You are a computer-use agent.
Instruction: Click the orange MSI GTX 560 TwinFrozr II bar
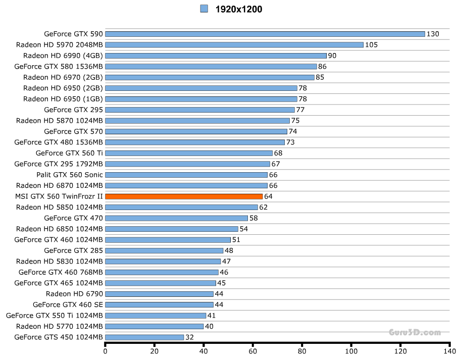(x=184, y=196)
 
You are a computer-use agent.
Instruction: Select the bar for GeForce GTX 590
(x=265, y=34)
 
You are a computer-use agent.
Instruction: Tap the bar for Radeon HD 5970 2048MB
(x=234, y=45)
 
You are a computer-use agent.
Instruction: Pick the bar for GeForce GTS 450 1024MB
(x=144, y=337)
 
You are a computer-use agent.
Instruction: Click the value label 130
(x=433, y=34)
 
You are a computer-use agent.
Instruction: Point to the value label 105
(x=371, y=45)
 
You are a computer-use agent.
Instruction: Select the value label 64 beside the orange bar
(x=268, y=196)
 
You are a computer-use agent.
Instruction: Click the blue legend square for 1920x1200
(x=204, y=9)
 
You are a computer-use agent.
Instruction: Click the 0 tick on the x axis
(x=105, y=351)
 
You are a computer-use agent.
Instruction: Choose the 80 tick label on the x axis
(x=302, y=351)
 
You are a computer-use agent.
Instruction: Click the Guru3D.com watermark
(x=415, y=332)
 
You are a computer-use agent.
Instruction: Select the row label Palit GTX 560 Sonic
(x=70, y=175)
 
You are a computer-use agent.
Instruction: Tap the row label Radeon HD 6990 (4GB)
(x=63, y=56)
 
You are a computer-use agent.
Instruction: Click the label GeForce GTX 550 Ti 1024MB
(x=55, y=316)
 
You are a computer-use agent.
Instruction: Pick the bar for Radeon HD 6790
(x=159, y=294)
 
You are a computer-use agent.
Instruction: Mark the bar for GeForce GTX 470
(x=176, y=218)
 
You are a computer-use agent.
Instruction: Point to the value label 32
(x=190, y=337)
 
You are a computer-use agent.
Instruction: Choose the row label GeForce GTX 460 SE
(x=68, y=304)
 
